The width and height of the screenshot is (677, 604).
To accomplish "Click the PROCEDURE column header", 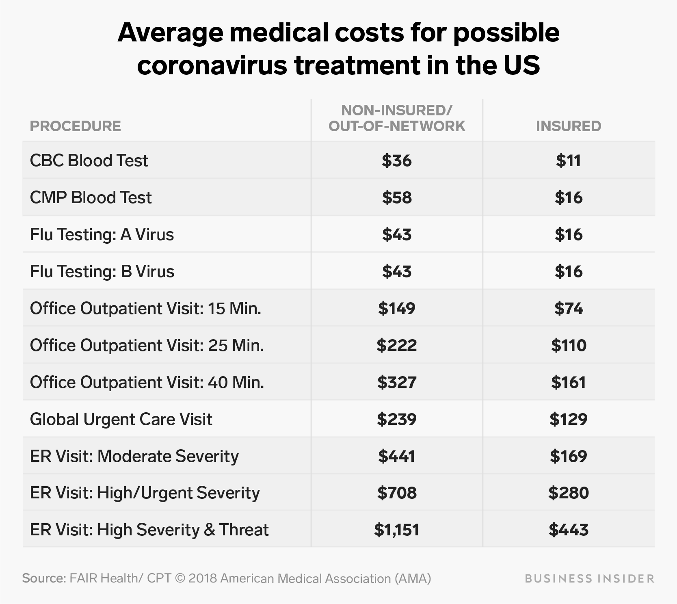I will (75, 126).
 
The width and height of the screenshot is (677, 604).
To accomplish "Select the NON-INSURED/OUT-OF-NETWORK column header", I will (396, 118).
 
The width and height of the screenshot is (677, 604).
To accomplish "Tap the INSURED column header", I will (568, 126).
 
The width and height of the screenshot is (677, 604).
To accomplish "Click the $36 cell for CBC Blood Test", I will (396, 161).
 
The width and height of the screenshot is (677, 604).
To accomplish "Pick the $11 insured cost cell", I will (568, 161).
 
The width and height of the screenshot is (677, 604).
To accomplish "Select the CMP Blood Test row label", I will (91, 198).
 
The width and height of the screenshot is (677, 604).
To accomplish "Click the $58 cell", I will (396, 198).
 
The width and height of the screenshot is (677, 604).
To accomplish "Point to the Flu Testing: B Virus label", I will (102, 271).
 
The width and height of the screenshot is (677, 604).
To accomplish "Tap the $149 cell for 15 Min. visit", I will (396, 308).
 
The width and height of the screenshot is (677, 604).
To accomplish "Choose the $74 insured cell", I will (568, 308).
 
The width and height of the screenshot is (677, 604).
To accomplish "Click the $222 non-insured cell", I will (396, 345).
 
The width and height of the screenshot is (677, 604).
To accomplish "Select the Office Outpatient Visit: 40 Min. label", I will (147, 382).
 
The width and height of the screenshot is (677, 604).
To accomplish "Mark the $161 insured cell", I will (568, 382).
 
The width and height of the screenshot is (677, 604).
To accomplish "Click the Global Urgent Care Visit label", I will (121, 419).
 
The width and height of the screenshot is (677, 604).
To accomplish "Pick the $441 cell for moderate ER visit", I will (396, 456).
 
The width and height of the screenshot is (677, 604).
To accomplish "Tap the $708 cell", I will (396, 493).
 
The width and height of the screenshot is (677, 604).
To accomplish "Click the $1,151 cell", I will (396, 530).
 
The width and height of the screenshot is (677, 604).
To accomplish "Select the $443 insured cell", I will (568, 530).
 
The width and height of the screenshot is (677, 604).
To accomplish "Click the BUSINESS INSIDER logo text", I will (589, 578).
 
